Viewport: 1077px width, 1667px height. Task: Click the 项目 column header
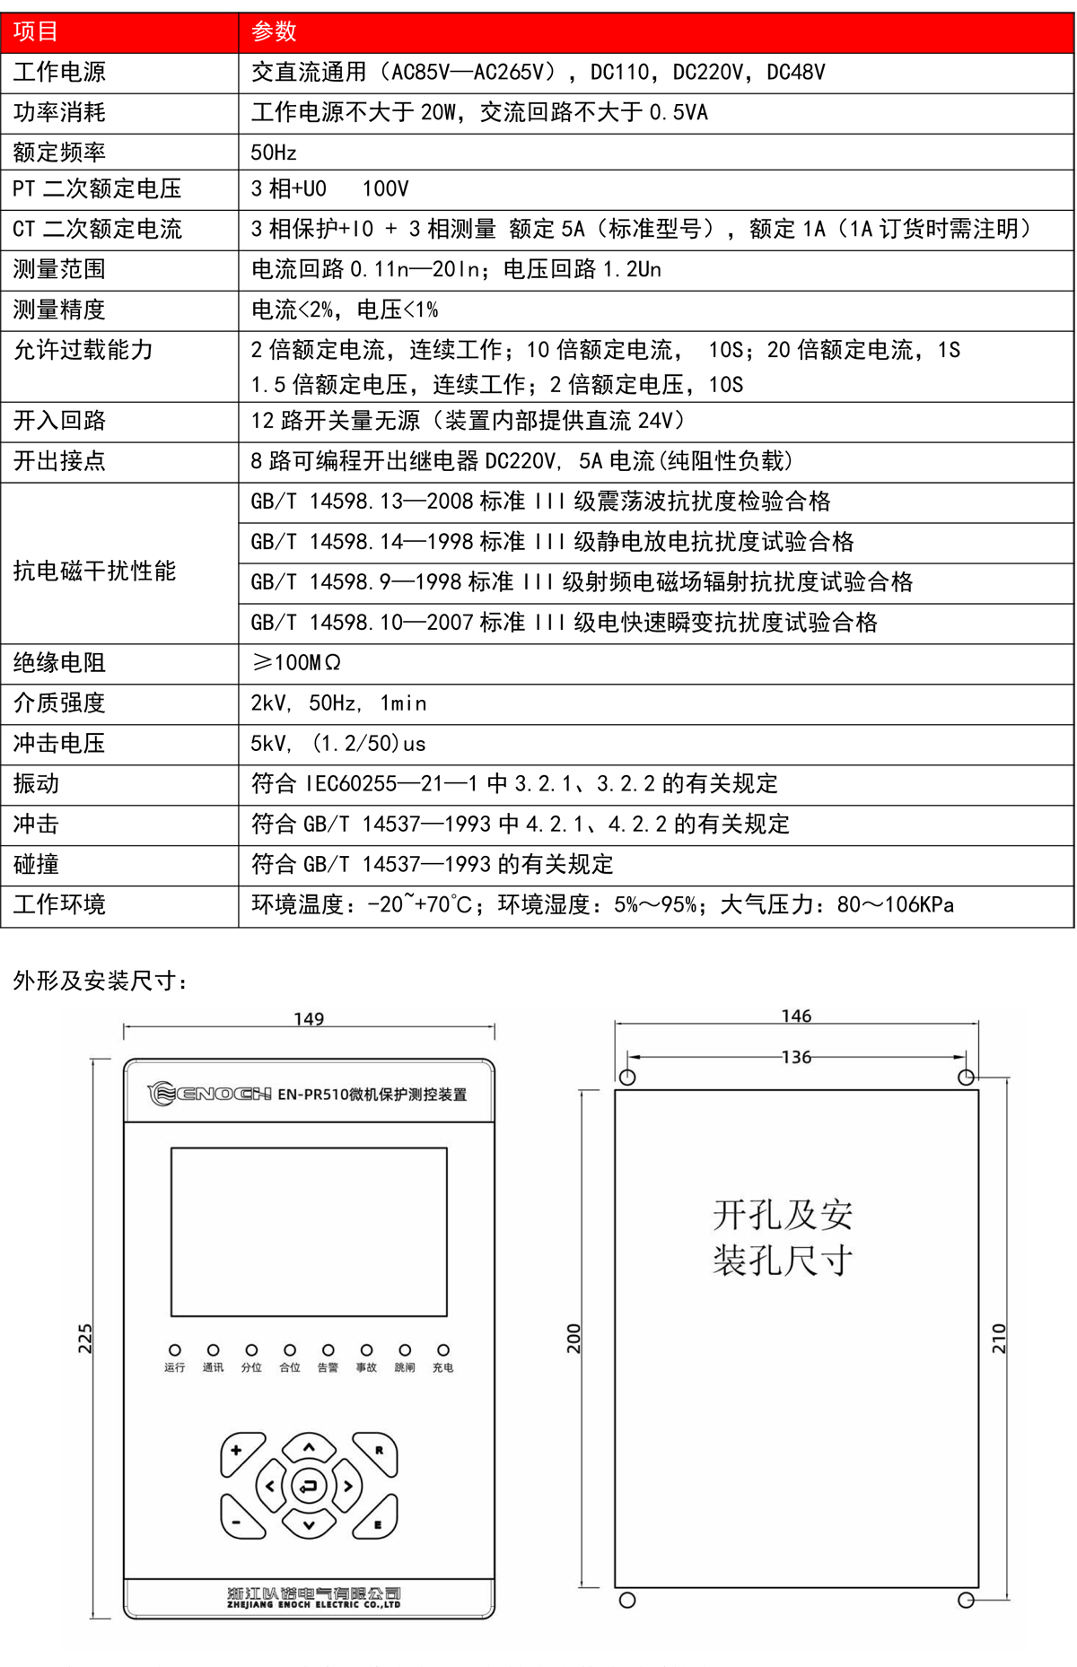coord(36,32)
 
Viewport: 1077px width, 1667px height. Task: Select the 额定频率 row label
coord(59,153)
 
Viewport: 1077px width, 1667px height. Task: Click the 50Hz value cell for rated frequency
coord(274,153)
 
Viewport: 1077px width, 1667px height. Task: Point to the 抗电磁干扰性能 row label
coord(94,572)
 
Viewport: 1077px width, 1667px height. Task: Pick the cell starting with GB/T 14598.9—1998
coord(582,582)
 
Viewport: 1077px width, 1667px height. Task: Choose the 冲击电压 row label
coord(59,744)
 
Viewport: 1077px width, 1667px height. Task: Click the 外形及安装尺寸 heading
coord(101,981)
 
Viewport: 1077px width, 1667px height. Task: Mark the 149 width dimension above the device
coord(309,1019)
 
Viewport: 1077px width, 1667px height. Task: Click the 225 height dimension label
coord(84,1339)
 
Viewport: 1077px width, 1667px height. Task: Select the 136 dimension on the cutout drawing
coord(796,1058)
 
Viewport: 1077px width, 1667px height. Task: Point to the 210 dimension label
coord(999,1339)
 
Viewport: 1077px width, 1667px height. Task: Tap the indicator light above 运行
coord(175,1350)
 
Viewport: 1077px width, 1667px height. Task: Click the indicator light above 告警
coord(328,1350)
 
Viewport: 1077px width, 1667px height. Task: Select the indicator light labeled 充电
coord(443,1350)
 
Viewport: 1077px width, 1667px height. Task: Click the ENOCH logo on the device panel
coord(210,1094)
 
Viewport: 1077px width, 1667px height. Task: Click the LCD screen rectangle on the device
coord(309,1232)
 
